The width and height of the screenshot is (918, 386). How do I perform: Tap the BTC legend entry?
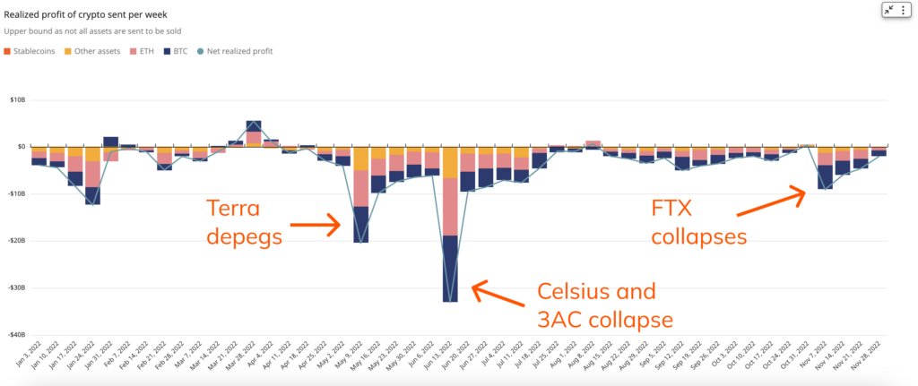(176, 51)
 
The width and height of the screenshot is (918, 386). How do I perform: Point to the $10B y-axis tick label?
(17, 99)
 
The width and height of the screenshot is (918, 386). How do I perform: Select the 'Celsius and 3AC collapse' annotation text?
(606, 305)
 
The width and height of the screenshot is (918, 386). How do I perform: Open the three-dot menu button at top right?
(903, 10)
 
